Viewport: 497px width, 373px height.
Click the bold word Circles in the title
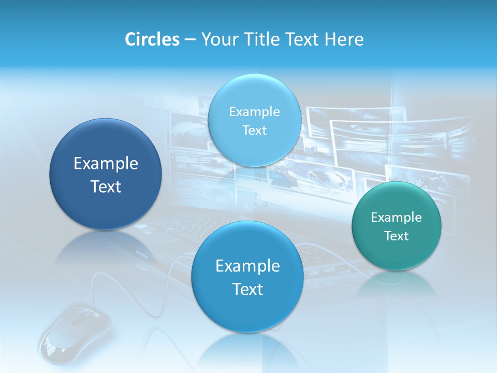coord(152,39)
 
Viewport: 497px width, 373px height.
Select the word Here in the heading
coord(344,39)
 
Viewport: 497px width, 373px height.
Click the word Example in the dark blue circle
coord(106,164)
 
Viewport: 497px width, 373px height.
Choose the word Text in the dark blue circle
coord(106,187)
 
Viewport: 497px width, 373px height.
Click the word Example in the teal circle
coord(397,217)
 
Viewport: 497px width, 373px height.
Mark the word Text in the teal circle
coord(397,236)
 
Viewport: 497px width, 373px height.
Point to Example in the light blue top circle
coord(254,111)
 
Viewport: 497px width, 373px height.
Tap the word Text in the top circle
coord(254,130)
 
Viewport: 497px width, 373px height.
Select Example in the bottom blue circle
coord(247,266)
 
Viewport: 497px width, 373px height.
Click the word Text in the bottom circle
coord(247,289)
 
